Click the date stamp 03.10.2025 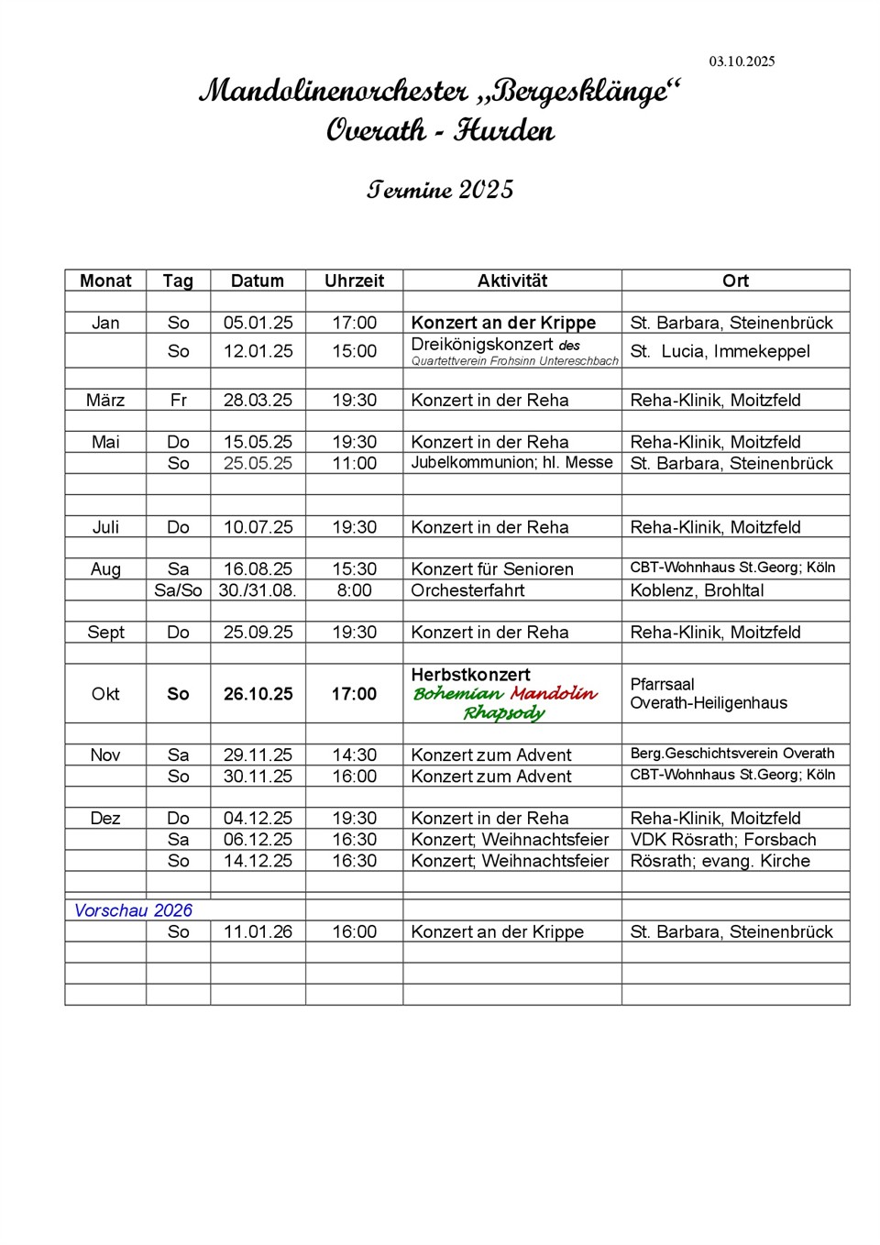pyautogui.click(x=742, y=61)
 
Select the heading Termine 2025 pyautogui.click(x=440, y=190)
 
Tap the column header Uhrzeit pyautogui.click(x=354, y=281)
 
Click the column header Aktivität pyautogui.click(x=511, y=281)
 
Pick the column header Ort pyautogui.click(x=735, y=281)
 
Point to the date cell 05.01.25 pyautogui.click(x=258, y=323)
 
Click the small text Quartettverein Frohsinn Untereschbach pyautogui.click(x=514, y=361)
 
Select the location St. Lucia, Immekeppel pyautogui.click(x=720, y=351)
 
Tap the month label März pyautogui.click(x=105, y=401)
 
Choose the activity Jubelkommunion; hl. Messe pyautogui.click(x=511, y=463)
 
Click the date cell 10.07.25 pyautogui.click(x=258, y=527)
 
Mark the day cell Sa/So pyautogui.click(x=178, y=590)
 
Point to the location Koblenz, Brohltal pyautogui.click(x=697, y=590)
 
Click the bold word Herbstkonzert pyautogui.click(x=470, y=675)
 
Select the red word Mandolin pyautogui.click(x=554, y=693)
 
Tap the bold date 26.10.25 pyautogui.click(x=258, y=694)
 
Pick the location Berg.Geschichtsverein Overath pyautogui.click(x=732, y=754)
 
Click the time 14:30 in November pyautogui.click(x=354, y=755)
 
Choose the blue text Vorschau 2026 pyautogui.click(x=133, y=910)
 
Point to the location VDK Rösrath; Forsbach pyautogui.click(x=722, y=840)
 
